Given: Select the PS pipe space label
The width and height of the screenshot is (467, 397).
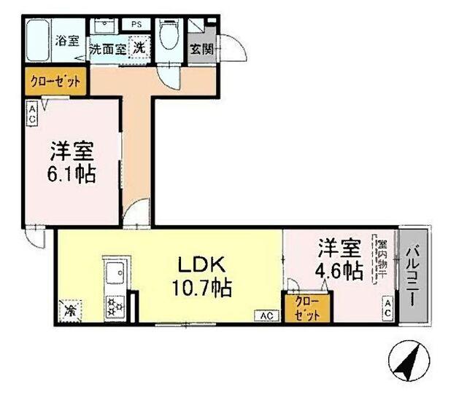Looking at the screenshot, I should pos(136,24).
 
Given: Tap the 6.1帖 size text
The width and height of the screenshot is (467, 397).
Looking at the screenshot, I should pos(72,175).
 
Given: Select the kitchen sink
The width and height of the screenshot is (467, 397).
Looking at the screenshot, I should pos(115,275).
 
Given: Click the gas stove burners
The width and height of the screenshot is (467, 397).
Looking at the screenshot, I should pos(115,304).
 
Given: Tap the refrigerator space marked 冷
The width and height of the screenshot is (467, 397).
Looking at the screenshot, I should pos(71,309).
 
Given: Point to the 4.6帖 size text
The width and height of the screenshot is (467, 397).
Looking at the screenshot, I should pos(339,271).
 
